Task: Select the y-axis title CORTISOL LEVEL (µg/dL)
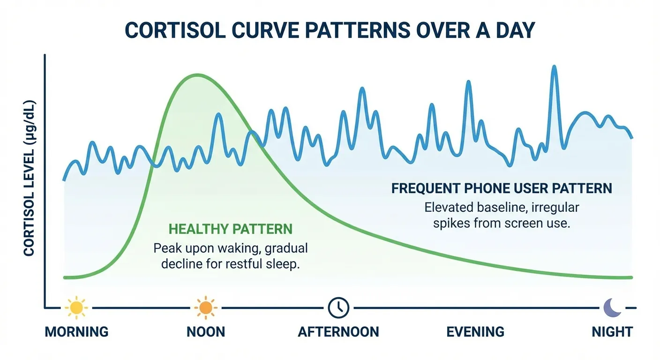click(30, 178)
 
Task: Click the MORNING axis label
click(76, 332)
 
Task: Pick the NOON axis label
click(206, 332)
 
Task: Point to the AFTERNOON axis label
click(338, 332)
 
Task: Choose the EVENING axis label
click(475, 332)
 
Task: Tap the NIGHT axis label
click(612, 332)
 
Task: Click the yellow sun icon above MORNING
click(76, 307)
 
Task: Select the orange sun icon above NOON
click(205, 307)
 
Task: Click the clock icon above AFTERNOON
click(338, 307)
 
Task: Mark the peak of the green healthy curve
click(197, 75)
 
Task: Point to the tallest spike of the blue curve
click(555, 67)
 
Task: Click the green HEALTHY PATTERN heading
click(230, 229)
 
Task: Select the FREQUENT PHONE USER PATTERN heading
click(502, 188)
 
